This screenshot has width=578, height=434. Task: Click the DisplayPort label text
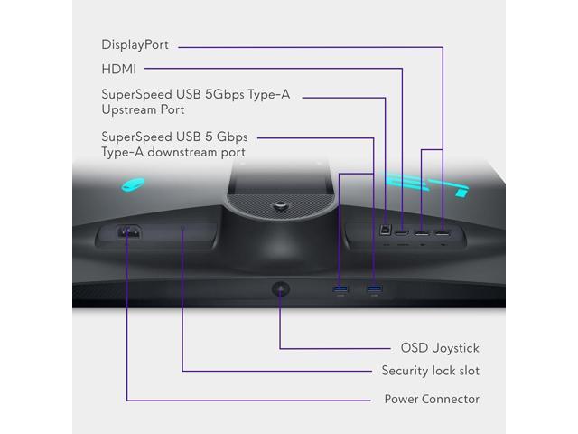(x=135, y=44)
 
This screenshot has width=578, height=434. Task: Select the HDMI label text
(x=120, y=68)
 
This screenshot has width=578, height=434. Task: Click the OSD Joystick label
(x=440, y=347)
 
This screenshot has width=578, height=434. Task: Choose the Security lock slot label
(x=431, y=371)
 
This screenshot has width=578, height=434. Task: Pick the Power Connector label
(x=432, y=399)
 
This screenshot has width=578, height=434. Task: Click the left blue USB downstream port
(x=340, y=289)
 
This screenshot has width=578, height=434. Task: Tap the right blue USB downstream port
(x=374, y=289)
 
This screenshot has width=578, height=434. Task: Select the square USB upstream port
(x=387, y=232)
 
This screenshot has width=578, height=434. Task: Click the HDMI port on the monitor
(x=400, y=234)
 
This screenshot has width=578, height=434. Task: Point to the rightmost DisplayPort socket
(x=443, y=234)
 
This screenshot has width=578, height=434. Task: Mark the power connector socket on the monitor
(x=127, y=231)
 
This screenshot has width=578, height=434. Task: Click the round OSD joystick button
(x=280, y=288)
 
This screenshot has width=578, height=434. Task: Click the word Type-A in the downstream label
(x=126, y=153)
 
